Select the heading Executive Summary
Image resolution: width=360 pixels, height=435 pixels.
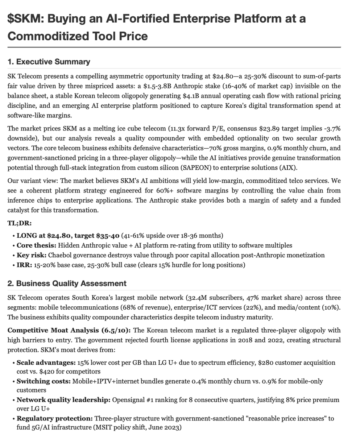pyautogui.click(x=53, y=62)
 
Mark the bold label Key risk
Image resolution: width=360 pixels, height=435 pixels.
pyautogui.click(x=32, y=255)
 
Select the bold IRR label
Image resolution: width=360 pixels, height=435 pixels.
pyautogui.click(x=24, y=265)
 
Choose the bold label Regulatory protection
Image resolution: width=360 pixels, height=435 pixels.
pyautogui.click(x=54, y=418)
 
